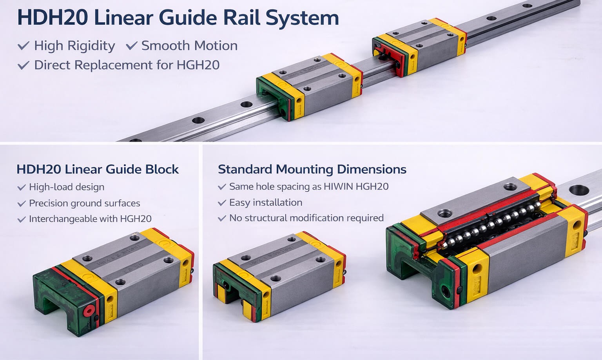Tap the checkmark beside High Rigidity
tap(23, 46)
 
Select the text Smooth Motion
tap(189, 46)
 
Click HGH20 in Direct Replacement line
tap(198, 65)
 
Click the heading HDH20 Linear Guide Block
tap(98, 169)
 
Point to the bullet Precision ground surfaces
tap(84, 203)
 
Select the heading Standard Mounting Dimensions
tap(312, 169)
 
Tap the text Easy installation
tap(265, 203)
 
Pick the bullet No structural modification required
tap(306, 218)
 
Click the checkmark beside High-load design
tap(21, 187)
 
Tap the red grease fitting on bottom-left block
tap(89, 311)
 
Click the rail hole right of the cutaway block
tap(578, 190)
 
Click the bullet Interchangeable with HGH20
tap(90, 219)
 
